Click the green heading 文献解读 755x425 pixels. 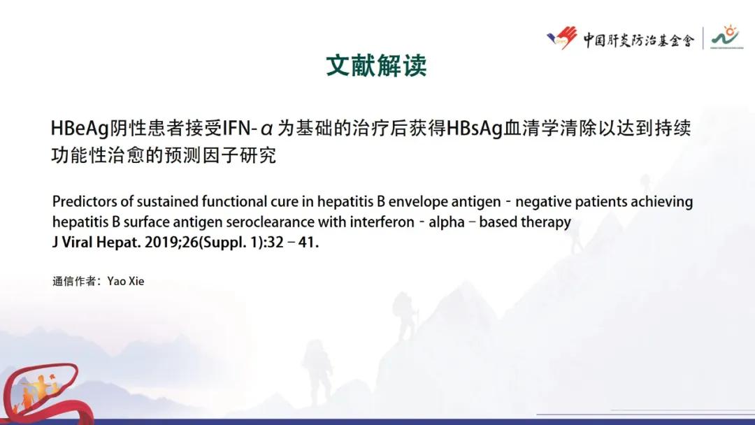376,66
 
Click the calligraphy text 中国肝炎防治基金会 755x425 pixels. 638,39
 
